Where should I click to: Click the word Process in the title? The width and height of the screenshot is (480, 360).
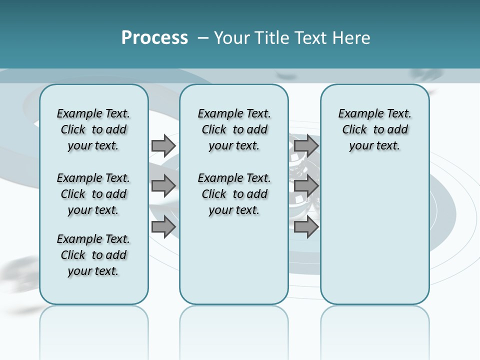154,38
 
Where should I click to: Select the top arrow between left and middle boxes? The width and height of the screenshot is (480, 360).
163,146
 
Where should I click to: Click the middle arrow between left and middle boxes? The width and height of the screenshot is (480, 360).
163,186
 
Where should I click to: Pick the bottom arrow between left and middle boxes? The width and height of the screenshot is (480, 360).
163,227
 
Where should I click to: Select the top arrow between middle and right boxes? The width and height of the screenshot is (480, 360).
306,146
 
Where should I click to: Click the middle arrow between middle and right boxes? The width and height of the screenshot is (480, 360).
306,186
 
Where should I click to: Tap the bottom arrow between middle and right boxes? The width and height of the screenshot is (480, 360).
306,227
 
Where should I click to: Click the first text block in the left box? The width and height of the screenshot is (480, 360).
93,129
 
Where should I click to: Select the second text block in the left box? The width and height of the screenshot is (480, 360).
93,194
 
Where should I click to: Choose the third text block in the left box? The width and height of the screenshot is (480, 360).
93,255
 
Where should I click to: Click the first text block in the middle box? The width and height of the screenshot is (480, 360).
234,129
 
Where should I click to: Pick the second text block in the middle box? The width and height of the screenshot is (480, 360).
234,194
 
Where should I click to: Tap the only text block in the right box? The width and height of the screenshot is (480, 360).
374,129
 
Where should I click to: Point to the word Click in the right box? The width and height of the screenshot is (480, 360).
354,130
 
